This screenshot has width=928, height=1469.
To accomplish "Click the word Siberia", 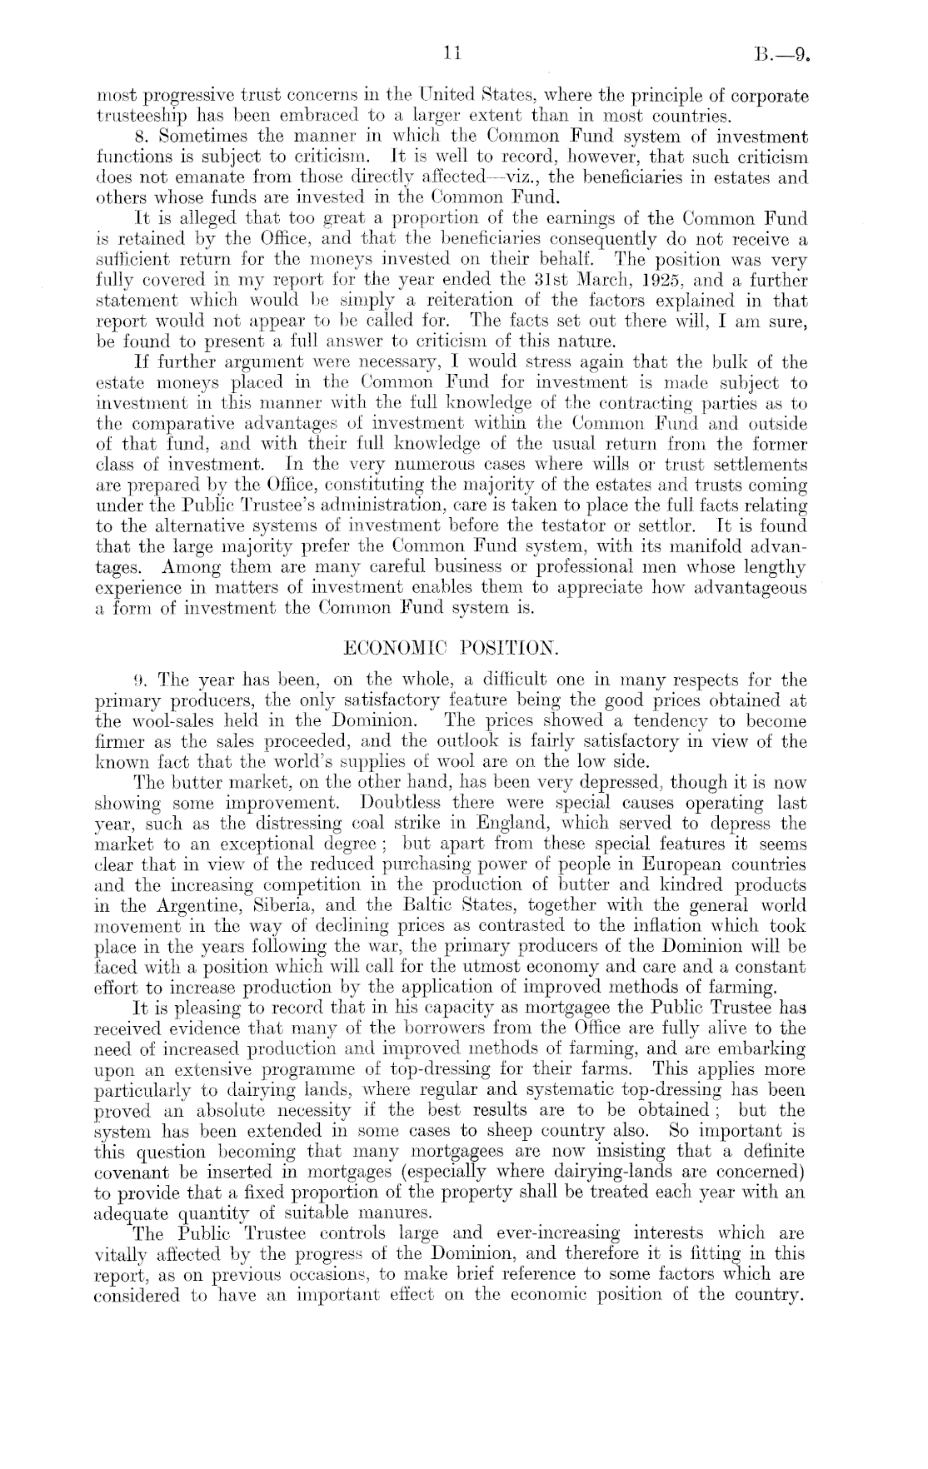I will tap(317, 905).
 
